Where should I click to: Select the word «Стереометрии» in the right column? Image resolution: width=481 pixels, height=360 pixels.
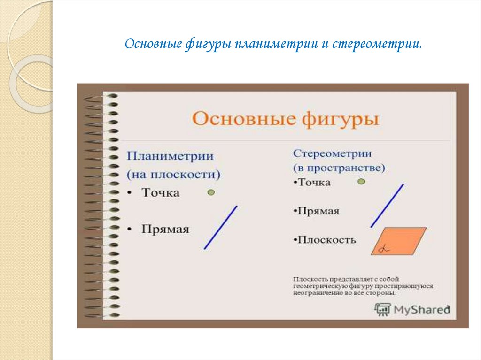tap(333, 153)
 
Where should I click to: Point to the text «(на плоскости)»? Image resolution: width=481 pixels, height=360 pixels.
tap(173, 174)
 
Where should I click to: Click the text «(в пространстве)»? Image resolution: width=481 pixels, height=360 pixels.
tap(339, 168)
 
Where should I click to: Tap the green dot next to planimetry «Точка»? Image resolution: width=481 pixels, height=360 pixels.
tap(211, 192)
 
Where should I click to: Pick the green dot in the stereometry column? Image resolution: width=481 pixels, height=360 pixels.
tap(361, 182)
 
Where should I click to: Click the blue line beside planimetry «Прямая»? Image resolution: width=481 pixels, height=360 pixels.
tap(220, 227)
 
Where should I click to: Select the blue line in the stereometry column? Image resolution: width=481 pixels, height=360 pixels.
tap(387, 206)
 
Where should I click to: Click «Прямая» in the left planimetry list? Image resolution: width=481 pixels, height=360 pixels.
tap(165, 230)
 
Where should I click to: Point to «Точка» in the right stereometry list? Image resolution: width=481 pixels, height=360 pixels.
tap(315, 183)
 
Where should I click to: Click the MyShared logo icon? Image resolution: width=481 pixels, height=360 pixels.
tap(383, 309)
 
